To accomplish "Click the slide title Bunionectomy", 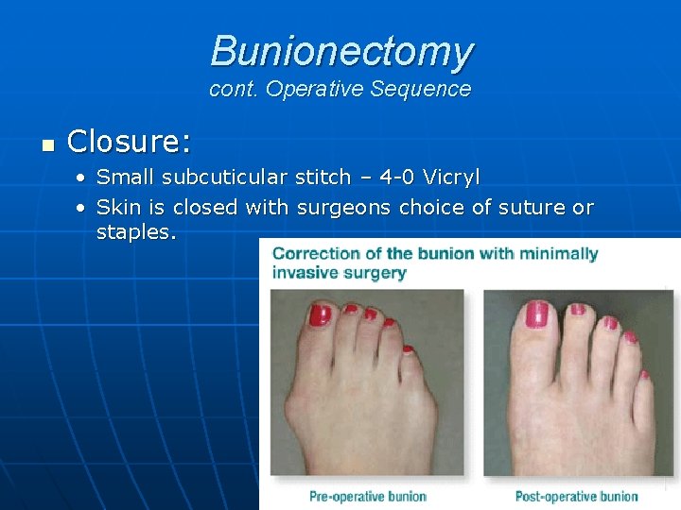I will coord(341,51).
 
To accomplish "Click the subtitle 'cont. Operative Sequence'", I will coord(340,90).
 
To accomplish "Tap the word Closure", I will coord(129,143).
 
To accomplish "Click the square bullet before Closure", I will coord(48,144).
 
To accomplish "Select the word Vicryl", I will coord(451,178).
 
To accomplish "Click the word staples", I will coord(135,232).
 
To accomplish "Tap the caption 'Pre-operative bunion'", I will coord(368,496).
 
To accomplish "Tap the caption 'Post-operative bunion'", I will coord(576,496).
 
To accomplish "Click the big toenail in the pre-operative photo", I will coord(319,315).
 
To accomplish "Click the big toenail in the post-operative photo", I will coord(536,314).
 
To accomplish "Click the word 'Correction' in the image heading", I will coord(315,253).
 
